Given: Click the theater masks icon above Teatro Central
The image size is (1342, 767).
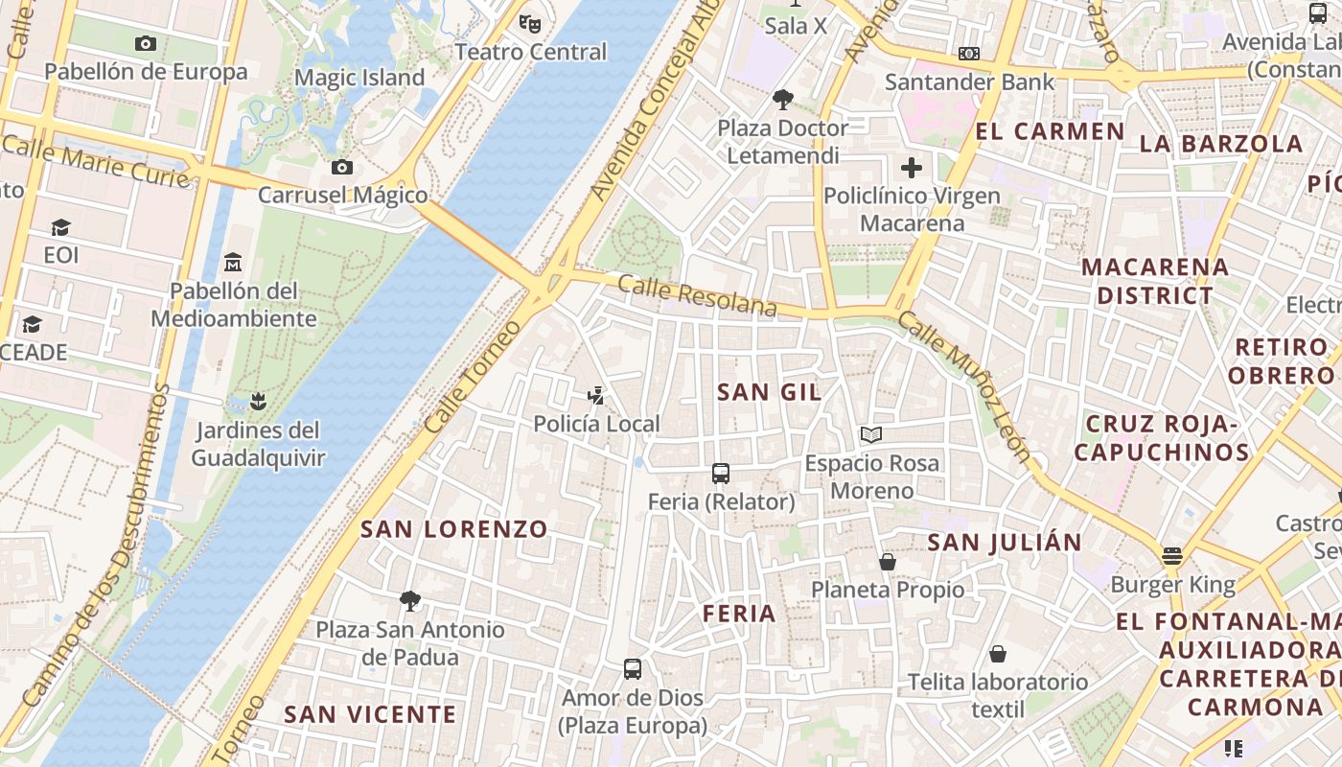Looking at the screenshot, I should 529,22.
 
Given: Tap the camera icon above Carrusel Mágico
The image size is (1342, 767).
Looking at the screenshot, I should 342,168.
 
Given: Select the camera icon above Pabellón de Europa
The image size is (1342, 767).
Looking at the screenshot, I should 146,43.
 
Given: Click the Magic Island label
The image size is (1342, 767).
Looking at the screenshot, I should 359,78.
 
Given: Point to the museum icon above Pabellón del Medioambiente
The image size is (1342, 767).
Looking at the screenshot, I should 233,262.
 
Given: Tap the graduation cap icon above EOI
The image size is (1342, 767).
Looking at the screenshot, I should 61,227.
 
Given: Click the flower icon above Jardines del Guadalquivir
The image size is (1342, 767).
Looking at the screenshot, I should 257,401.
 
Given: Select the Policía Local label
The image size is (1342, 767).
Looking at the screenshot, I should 596,424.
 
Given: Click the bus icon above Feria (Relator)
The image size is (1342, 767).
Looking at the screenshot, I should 721,473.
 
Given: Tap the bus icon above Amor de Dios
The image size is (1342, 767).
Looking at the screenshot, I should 633,669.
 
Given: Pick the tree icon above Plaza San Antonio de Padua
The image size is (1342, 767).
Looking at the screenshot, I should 410,601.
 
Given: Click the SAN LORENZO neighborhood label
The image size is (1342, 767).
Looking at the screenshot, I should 454,528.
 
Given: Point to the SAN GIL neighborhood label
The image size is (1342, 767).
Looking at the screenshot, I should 769,391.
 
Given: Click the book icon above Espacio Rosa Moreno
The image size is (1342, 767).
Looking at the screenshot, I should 871,435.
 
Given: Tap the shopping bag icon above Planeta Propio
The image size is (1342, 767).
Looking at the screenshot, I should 888,561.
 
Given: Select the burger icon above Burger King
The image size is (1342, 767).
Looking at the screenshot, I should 1171,555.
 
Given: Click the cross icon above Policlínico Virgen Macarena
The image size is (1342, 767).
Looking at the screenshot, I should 912,169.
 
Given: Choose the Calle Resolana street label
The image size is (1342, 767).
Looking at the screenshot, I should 697,295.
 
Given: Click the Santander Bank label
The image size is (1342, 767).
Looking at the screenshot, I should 969,81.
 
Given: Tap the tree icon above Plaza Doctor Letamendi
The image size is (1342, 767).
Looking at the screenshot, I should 783,99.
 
